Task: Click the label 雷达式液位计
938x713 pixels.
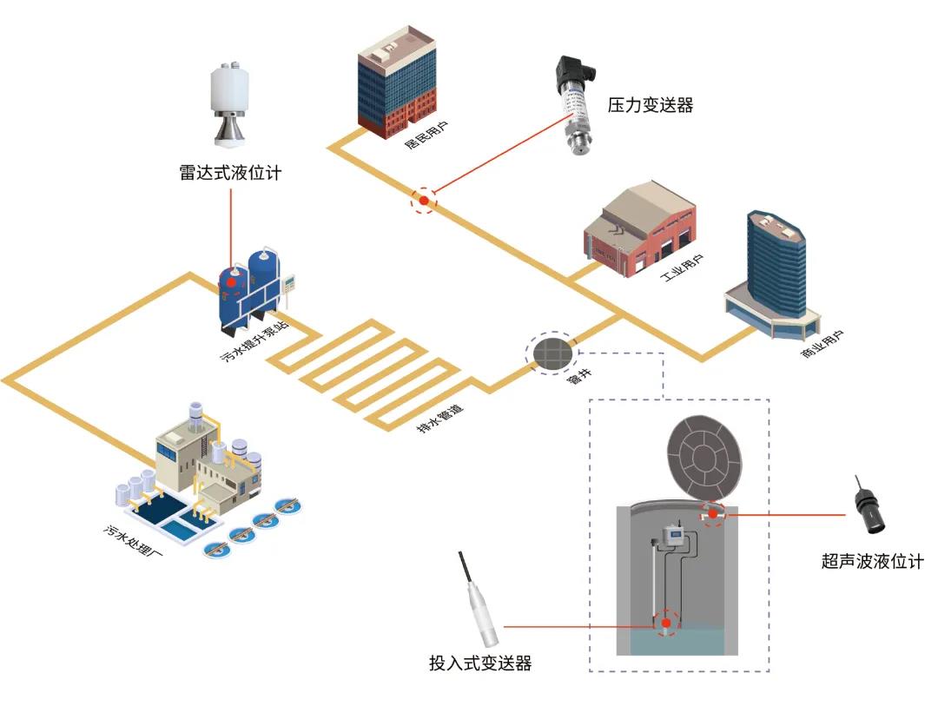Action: coord(230,173)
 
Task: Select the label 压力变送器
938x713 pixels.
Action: coord(651,106)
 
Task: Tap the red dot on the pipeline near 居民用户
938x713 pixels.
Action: coord(424,201)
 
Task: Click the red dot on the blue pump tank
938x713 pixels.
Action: coord(232,281)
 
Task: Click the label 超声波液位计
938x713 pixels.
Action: coord(871,562)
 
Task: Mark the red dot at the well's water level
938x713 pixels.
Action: coord(665,623)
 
